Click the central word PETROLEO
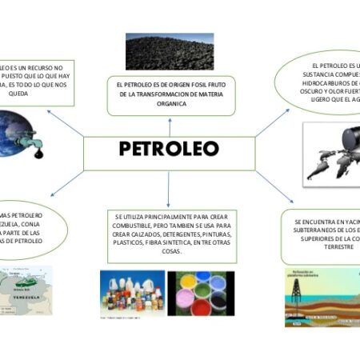(168, 150)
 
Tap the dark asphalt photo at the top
(170, 51)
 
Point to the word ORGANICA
(170, 104)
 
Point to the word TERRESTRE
(326, 248)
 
